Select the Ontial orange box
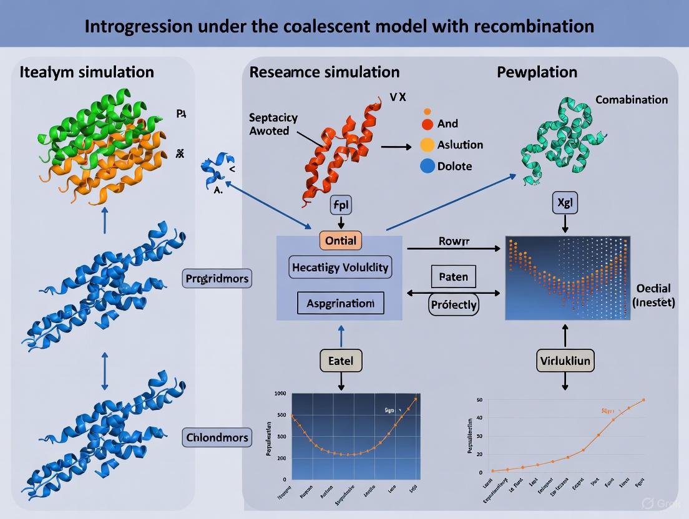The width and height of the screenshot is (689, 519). point(341,241)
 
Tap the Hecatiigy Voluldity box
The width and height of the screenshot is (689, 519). point(340,268)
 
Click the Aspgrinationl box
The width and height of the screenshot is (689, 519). point(340,303)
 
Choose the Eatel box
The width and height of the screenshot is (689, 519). point(341,361)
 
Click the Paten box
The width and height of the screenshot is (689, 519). point(454,277)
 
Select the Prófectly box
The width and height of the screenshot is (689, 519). point(454,305)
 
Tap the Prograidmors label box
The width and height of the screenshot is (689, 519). point(217,278)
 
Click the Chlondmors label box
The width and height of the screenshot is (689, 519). point(217,437)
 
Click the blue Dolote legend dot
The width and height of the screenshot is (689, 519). point(427,166)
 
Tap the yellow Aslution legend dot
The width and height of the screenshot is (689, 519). point(427,145)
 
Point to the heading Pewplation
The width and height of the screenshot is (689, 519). point(537,72)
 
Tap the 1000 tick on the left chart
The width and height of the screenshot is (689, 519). point(280,394)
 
